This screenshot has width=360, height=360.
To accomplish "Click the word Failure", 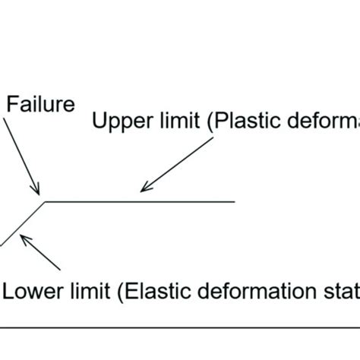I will (40, 103).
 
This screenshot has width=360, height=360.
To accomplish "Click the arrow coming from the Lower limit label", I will (43, 254).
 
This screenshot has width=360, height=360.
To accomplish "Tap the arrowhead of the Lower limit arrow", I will (24, 238).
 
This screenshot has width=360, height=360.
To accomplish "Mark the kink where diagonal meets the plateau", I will (43, 202).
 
